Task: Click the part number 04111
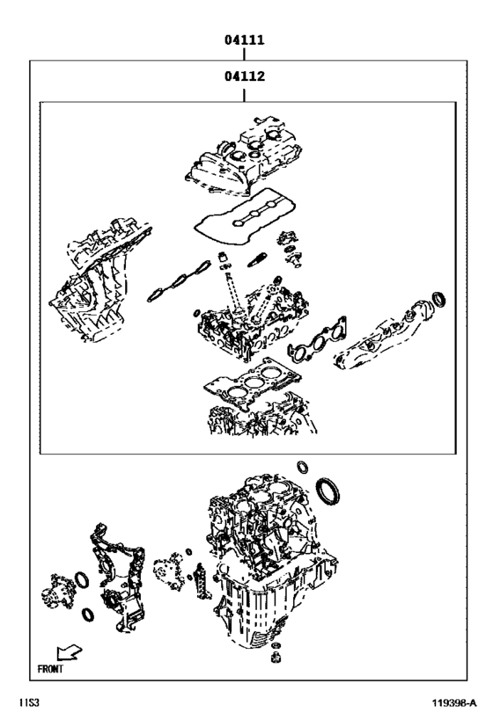pyautogui.click(x=244, y=40)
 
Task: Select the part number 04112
pyautogui.click(x=244, y=76)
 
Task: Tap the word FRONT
pyautogui.click(x=50, y=668)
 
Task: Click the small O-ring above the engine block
pyautogui.click(x=304, y=465)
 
